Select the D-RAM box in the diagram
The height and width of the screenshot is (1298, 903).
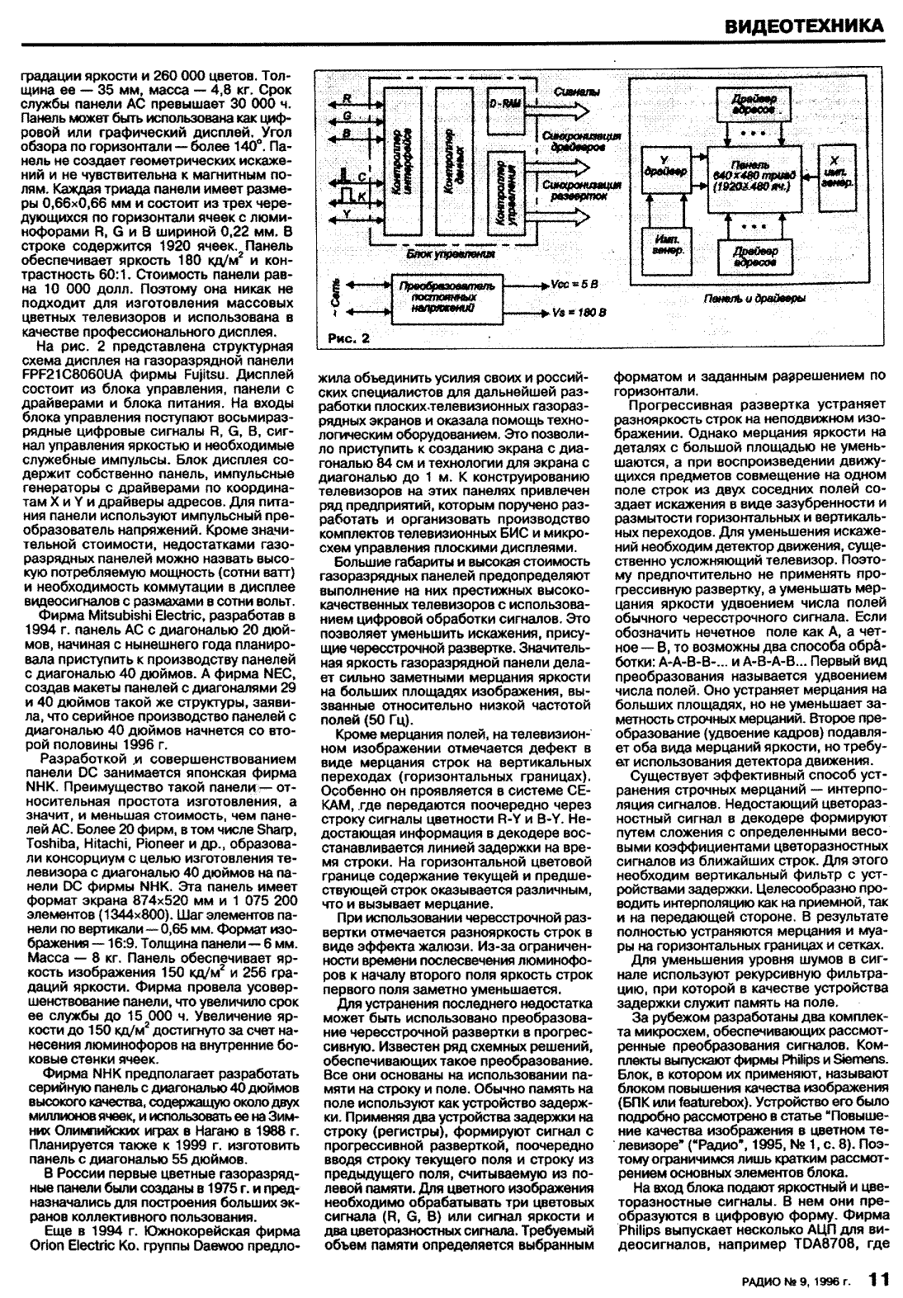click(504, 104)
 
